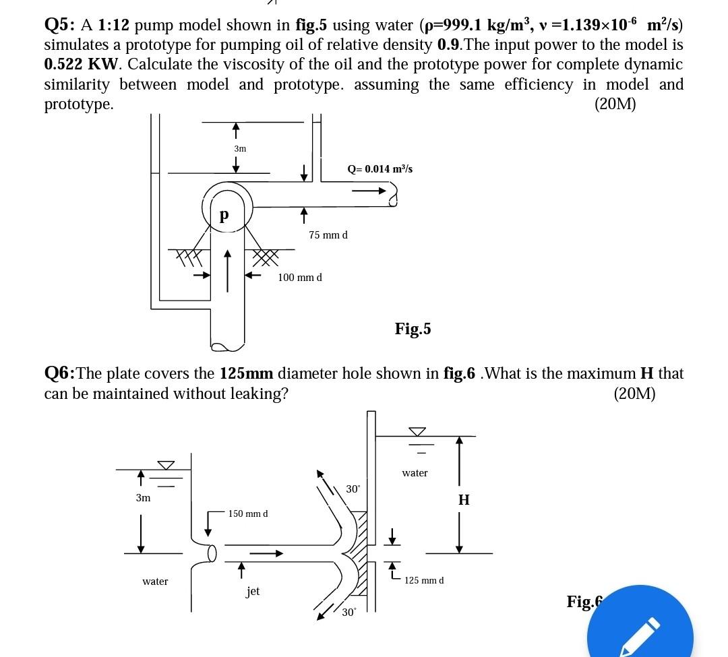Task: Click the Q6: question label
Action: (59, 373)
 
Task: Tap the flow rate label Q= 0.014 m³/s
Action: (380, 168)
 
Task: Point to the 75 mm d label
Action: (328, 235)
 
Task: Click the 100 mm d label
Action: (300, 278)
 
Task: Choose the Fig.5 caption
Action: (413, 329)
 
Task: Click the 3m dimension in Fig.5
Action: (240, 148)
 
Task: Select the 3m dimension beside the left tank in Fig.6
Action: (143, 498)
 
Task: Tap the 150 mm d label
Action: (248, 514)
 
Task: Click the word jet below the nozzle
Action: (253, 592)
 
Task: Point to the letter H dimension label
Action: (464, 500)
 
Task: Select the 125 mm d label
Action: (424, 580)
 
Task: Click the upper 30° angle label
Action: (353, 489)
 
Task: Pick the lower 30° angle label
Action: (348, 613)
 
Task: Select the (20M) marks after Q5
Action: (615, 104)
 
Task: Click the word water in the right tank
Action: (415, 473)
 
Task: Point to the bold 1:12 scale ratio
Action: (113, 26)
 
